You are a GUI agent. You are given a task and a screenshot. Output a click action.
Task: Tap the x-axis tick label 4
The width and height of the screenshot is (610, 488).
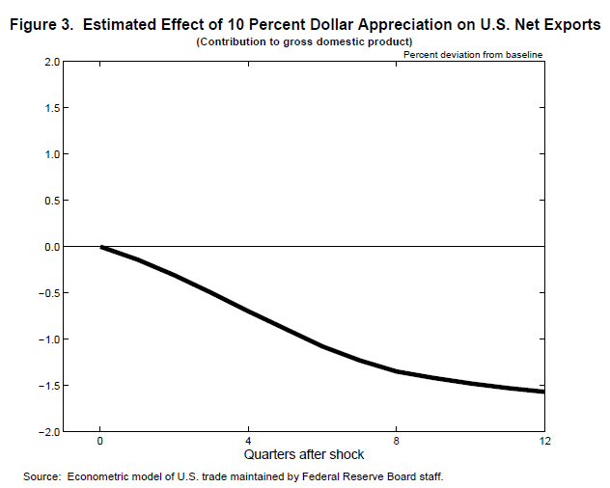pos(248,440)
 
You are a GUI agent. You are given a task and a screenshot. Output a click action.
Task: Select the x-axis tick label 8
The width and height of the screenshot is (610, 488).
pos(397,440)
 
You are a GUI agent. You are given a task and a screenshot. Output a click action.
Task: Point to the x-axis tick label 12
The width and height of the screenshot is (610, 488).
pos(544,440)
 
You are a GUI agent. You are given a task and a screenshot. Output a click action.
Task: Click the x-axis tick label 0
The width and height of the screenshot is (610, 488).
pos(100,440)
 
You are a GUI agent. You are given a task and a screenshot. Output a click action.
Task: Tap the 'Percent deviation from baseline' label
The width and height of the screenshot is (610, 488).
pos(474,55)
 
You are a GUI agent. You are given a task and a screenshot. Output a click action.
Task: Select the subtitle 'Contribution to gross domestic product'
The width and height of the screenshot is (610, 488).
pos(304,41)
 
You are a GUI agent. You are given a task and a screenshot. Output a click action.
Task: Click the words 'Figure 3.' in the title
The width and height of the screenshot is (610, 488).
pos(42,24)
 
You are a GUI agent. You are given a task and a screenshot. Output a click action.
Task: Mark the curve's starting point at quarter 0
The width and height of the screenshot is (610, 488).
pos(100,247)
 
